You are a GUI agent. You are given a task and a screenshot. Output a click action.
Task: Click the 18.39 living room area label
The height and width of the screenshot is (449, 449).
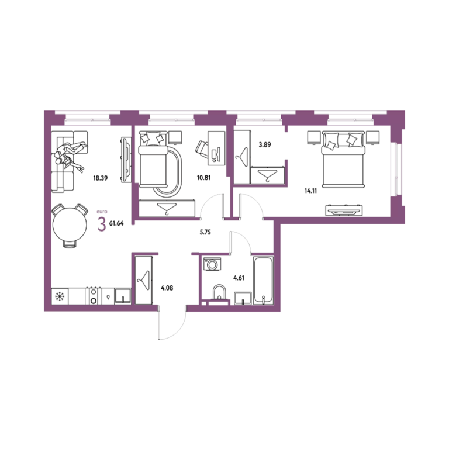point(100,178)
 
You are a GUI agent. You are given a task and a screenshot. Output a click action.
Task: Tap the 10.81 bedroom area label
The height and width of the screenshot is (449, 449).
point(203,178)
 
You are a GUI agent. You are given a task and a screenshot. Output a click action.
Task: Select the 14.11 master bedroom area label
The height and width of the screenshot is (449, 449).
point(310,191)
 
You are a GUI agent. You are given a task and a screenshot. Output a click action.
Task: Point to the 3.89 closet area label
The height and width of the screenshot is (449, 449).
point(265,144)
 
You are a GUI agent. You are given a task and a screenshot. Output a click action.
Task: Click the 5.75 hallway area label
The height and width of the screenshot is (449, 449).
point(205,232)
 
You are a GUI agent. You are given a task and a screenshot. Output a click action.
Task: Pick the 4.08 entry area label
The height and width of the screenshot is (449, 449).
point(167,288)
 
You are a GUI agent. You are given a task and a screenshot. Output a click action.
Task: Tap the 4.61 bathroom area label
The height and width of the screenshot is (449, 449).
point(239,278)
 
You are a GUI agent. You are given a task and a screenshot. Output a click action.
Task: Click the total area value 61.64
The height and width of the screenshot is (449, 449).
point(116,224)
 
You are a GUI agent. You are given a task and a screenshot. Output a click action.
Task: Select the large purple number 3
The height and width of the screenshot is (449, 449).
point(102,224)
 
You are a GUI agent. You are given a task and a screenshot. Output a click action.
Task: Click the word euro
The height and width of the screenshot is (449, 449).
point(102,212)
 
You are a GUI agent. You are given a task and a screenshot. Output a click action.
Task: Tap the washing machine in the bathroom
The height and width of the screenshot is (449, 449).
point(212,264)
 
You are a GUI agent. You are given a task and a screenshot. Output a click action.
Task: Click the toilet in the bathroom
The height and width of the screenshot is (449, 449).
point(219,294)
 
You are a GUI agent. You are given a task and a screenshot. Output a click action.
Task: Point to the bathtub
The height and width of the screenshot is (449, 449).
point(264,280)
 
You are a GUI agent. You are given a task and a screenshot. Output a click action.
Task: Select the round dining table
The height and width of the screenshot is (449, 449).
point(70,224)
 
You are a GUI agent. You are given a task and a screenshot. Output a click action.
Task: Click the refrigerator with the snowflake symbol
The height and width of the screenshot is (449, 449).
point(60,296)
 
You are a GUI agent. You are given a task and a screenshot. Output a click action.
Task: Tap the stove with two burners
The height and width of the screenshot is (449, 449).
point(94,296)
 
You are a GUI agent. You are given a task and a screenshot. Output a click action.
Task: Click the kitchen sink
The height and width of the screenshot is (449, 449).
point(123,296)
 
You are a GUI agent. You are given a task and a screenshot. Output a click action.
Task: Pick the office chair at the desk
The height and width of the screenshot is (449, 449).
point(202,148)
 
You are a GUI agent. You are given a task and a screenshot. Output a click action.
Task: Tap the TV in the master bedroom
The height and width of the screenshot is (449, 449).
point(344,211)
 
